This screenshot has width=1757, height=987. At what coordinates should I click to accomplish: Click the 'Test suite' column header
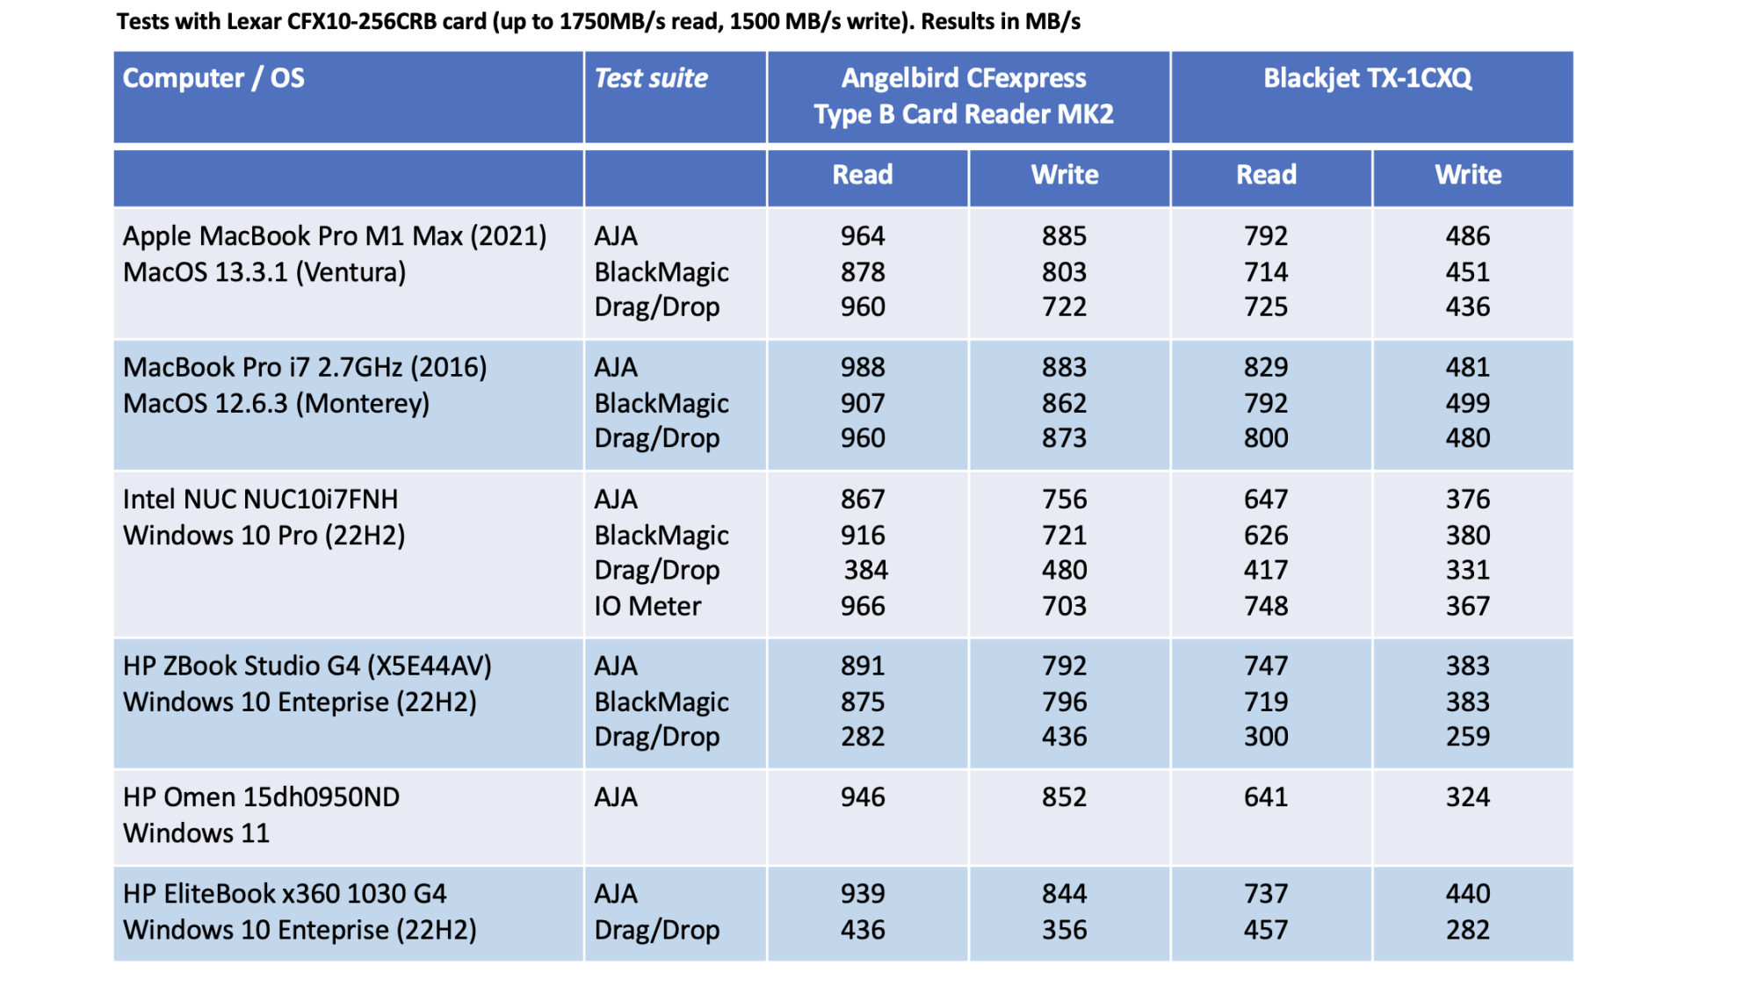pyautogui.click(x=651, y=78)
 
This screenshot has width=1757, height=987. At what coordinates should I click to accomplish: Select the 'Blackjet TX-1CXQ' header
pyautogui.click(x=1367, y=78)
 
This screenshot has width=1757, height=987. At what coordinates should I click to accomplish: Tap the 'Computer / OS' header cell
pyautogui.click(x=213, y=78)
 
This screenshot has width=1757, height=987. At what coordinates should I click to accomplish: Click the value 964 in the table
pyautogui.click(x=863, y=236)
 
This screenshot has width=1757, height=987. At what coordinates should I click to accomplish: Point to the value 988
pyautogui.click(x=863, y=367)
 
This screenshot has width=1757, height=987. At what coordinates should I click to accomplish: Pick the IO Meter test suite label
pyautogui.click(x=647, y=606)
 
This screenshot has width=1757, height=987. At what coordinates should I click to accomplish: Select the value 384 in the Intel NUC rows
pyautogui.click(x=865, y=570)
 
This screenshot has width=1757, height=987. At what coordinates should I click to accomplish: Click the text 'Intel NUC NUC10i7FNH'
pyautogui.click(x=260, y=500)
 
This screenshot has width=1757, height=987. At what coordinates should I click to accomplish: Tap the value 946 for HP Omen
pyautogui.click(x=863, y=797)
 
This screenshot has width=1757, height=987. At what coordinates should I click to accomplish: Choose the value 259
pyautogui.click(x=1468, y=737)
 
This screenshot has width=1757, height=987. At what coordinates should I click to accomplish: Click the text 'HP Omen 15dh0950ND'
pyautogui.click(x=261, y=797)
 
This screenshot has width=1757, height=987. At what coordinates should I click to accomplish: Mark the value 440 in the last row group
pyautogui.click(x=1468, y=894)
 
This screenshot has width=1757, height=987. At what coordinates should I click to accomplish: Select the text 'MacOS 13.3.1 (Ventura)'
pyautogui.click(x=264, y=272)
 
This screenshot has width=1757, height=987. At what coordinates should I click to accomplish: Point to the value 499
pyautogui.click(x=1468, y=403)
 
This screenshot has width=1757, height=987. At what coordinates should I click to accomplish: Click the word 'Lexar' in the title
pyautogui.click(x=254, y=21)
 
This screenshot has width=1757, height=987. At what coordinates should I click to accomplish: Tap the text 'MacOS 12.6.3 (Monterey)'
pyautogui.click(x=276, y=403)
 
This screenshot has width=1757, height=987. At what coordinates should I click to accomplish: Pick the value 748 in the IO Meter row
pyautogui.click(x=1266, y=606)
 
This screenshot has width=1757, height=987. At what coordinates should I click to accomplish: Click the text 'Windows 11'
pyautogui.click(x=196, y=833)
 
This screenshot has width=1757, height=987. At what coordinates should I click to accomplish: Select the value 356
pyautogui.click(x=1065, y=930)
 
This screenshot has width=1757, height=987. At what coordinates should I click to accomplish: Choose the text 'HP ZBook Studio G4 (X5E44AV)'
pyautogui.click(x=307, y=666)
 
